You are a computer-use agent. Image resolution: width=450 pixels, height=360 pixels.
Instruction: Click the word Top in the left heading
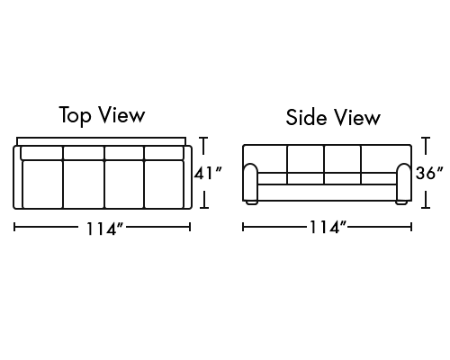tap(75, 115)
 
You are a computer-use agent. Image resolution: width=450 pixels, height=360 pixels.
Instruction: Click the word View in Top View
tap(122, 114)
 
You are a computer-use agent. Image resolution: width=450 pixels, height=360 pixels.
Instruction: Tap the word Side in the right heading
tap(306, 117)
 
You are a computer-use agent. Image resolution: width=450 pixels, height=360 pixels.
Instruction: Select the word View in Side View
tap(357, 117)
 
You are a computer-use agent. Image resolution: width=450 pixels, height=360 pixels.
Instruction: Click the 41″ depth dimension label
tap(208, 173)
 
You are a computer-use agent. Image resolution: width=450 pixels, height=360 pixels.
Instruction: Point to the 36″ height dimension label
tap(429, 173)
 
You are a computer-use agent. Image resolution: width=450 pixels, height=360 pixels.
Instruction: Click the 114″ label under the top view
tap(104, 229)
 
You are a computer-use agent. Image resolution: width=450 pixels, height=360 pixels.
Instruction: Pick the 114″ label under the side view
tap(328, 227)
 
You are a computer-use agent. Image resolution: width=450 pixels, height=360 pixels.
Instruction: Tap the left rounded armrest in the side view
tap(250, 182)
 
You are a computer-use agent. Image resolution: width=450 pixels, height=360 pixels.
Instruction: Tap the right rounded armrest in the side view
tap(404, 182)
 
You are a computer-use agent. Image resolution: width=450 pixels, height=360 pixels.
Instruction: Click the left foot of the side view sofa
tap(252, 202)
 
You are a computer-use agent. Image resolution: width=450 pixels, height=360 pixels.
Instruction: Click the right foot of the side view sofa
tap(401, 202)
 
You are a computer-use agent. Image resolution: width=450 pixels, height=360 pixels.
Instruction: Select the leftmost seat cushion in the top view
tap(42, 184)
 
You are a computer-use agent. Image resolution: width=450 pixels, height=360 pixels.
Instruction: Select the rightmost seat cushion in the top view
tap(164, 184)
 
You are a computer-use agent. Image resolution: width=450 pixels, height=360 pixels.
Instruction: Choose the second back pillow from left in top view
tap(84, 153)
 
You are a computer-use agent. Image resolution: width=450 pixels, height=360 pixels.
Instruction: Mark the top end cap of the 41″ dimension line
tap(203, 138)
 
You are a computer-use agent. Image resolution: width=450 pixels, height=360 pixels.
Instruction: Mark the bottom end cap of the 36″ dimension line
tap(426, 207)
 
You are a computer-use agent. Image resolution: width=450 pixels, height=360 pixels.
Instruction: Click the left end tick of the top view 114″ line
tap(14, 227)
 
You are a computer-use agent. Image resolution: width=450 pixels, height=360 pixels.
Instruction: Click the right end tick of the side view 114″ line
tap(411, 227)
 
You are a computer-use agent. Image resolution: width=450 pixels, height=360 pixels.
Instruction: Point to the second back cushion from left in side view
tap(306, 159)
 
